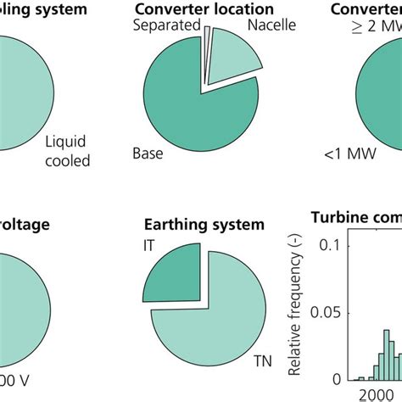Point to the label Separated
click(165, 27)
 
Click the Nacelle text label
click(271, 25)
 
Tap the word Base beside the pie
click(148, 155)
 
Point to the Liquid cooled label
click(66, 151)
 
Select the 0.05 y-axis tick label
click(331, 312)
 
